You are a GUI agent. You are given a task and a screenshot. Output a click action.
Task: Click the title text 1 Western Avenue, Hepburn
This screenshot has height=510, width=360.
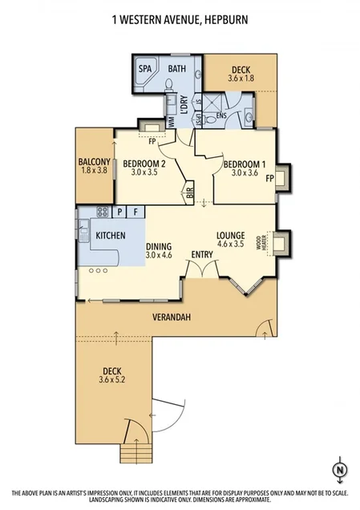click(x=180, y=14)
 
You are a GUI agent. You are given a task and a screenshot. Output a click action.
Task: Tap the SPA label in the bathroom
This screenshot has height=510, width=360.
click(x=145, y=69)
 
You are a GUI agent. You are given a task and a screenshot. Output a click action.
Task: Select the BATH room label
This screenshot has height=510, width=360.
click(x=176, y=69)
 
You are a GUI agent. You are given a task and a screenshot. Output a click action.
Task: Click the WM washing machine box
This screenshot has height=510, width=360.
click(x=171, y=120)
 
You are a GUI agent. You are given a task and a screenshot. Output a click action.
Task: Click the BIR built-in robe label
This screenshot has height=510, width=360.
click(x=189, y=192)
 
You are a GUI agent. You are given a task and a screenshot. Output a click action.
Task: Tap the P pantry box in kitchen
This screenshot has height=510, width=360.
click(x=119, y=212)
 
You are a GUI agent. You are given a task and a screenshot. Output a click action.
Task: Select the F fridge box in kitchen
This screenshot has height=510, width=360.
click(x=136, y=212)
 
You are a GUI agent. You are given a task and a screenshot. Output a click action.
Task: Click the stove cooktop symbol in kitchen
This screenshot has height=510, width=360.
click(x=102, y=212)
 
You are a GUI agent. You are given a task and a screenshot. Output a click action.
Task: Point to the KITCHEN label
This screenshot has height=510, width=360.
click(x=111, y=237)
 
